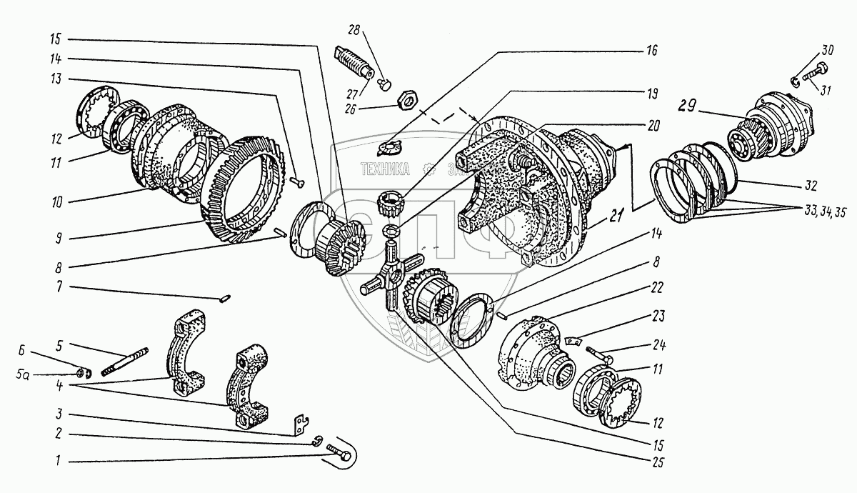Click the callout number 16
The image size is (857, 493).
pos(651,51)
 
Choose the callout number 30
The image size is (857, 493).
pos(827,51)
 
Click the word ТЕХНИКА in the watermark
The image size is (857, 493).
pos(385,170)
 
